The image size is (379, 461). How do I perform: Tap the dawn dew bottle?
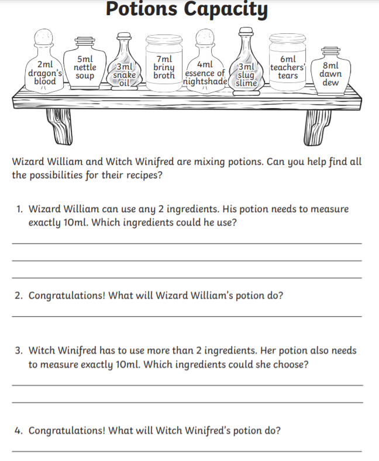click(330, 72)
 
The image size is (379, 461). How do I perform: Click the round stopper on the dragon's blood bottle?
click(44, 37)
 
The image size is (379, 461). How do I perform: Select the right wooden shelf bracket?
click(317, 127)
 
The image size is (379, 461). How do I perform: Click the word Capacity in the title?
click(226, 9)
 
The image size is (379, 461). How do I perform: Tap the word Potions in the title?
click(141, 8)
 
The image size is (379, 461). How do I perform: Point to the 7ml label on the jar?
click(164, 60)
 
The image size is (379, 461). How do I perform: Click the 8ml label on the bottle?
click(330, 65)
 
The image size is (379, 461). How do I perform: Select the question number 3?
click(19, 351)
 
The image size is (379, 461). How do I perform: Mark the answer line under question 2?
click(187, 316)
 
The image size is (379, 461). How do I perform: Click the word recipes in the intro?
click(144, 175)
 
